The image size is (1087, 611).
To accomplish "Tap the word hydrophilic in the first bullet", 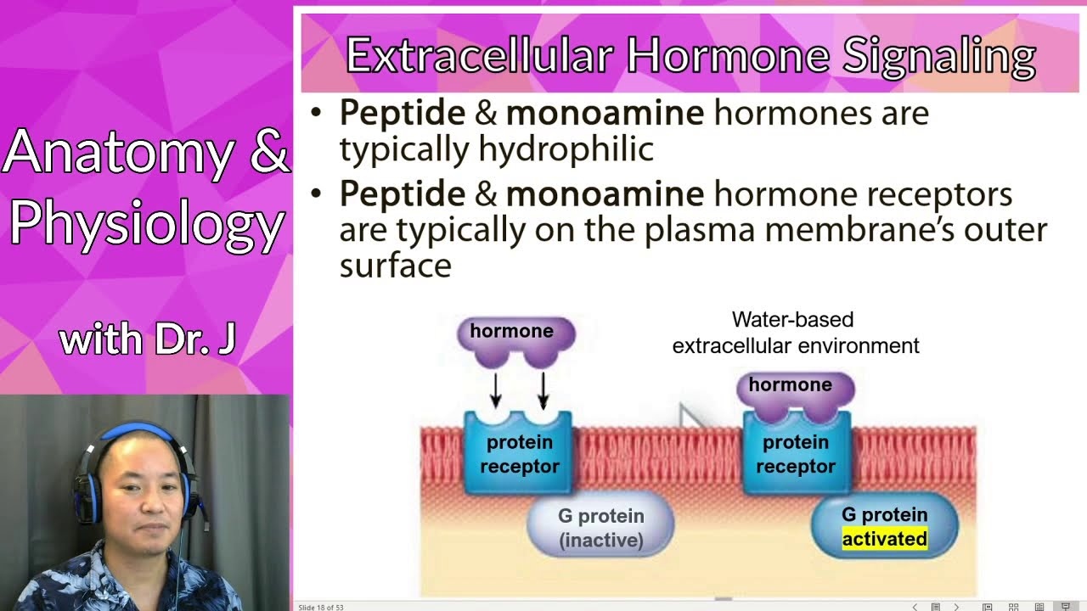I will [x=566, y=149].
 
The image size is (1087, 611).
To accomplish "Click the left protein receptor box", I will [x=518, y=454].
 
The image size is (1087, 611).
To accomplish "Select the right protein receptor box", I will [x=796, y=454].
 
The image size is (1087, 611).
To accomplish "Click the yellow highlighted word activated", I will [x=884, y=539].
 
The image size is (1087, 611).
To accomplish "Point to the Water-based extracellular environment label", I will [x=795, y=333].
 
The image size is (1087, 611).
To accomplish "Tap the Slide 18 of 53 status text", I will [x=321, y=607].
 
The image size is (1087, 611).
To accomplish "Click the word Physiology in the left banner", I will [x=146, y=222].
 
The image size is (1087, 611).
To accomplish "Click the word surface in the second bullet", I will [x=395, y=266].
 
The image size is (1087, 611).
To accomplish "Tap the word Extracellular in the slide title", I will [x=479, y=57].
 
